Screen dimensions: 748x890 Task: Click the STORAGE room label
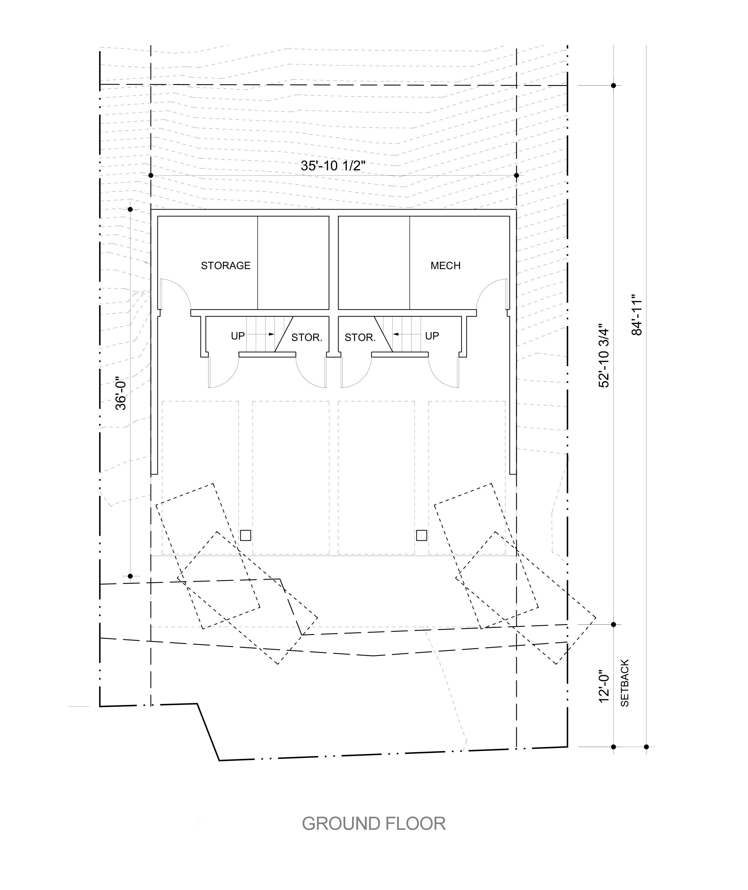click(226, 266)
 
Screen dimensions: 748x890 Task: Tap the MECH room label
click(445, 266)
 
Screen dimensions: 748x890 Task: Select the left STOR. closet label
click(307, 338)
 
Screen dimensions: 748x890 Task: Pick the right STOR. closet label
click(360, 338)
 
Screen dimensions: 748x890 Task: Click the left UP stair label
click(238, 336)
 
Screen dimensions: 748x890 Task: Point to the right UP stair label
click(432, 336)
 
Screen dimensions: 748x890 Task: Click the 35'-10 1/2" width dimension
click(333, 166)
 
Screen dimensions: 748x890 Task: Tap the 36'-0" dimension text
click(121, 394)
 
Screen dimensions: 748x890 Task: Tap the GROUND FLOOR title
click(374, 824)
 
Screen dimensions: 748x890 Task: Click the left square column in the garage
click(246, 535)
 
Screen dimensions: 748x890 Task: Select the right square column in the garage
click(422, 535)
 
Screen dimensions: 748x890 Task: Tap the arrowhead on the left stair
click(272, 334)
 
